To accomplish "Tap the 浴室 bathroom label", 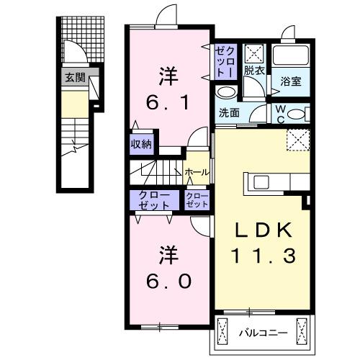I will pos(291,81).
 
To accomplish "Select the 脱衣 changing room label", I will pos(253,71).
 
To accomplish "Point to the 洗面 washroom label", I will pos(229,112).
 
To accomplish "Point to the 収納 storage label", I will pos(141,144).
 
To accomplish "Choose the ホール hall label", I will pos(197,172).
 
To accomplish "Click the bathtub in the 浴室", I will pos(291,57).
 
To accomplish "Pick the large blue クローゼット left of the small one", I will pos(151,199).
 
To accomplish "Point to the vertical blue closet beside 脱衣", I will pos(225,61).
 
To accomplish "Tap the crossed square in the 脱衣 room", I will pos(254,53).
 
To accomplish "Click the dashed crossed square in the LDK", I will pos(297,139).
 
